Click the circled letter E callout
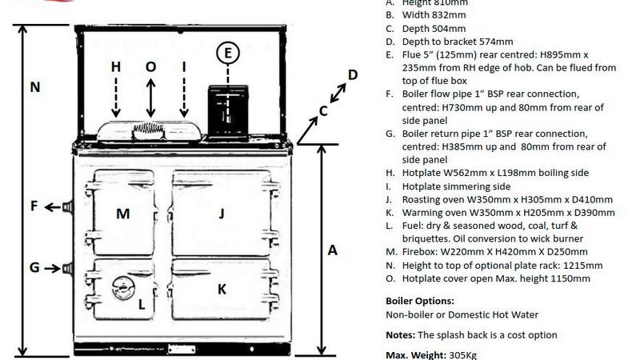228,53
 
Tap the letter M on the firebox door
122,213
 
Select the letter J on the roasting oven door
222,213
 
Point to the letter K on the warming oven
222,288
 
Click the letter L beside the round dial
141,303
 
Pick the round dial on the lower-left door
122,286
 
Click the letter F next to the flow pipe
34,206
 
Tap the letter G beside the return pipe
34,268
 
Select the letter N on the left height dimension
34,87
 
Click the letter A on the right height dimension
333,250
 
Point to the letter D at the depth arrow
353,75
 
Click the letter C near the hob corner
323,111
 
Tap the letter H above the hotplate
116,67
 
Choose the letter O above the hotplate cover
151,67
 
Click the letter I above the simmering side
184,67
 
